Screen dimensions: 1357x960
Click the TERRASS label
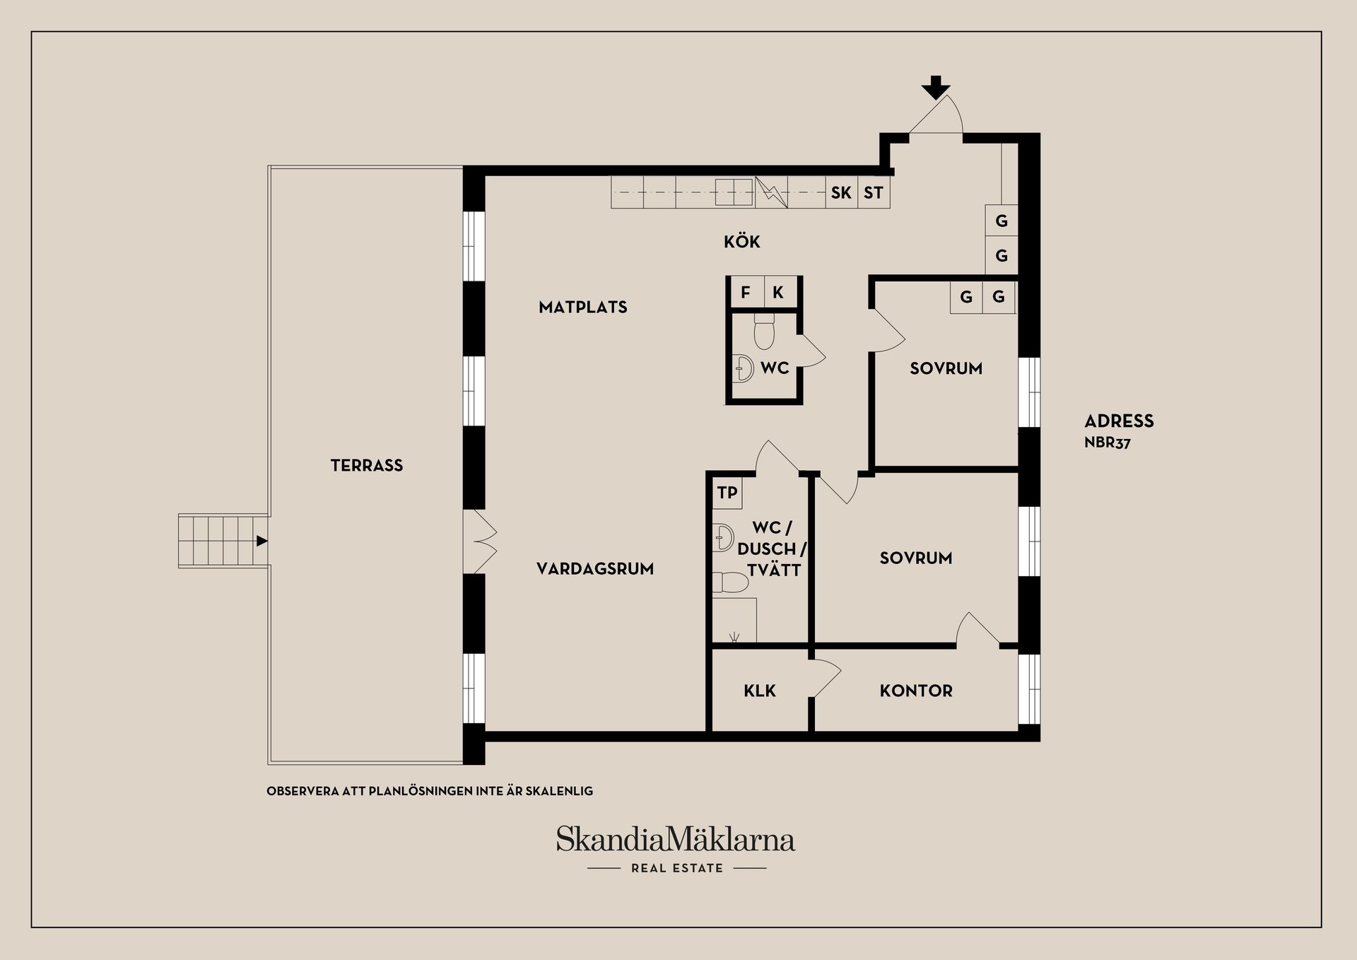click(367, 465)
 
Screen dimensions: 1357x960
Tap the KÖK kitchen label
click(742, 241)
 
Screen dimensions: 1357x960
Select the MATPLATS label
click(583, 307)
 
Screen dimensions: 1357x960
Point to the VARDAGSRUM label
click(595, 569)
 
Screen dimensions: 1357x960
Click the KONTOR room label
click(916, 691)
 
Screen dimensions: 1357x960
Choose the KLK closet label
click(760, 691)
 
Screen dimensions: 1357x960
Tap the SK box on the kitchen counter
click(841, 192)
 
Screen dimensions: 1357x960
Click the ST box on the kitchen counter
click(874, 192)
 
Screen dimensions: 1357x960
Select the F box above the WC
click(746, 292)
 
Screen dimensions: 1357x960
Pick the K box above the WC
click(778, 292)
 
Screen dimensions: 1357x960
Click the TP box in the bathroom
click(727, 493)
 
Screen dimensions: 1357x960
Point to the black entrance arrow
click(936, 87)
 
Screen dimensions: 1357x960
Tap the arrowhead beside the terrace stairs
click(262, 541)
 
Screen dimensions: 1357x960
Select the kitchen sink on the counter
click(734, 192)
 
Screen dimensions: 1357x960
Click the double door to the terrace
click(483, 542)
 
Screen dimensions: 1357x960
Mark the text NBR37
click(1108, 443)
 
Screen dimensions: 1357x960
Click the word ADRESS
click(1119, 421)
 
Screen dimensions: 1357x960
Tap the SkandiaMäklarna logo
click(676, 839)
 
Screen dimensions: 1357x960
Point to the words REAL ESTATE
click(677, 868)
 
